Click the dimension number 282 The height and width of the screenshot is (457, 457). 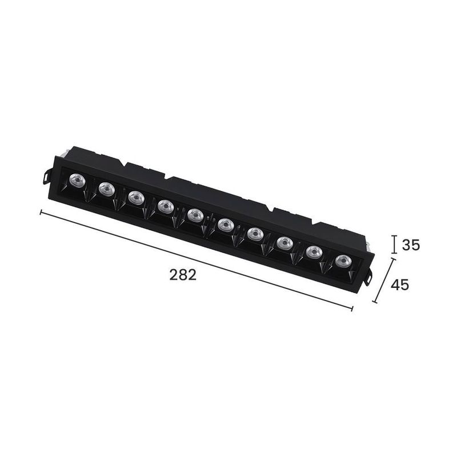[x=183, y=275]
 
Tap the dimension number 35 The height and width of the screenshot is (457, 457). [x=411, y=245]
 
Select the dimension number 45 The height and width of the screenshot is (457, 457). [x=400, y=284]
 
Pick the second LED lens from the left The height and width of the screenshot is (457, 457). [x=105, y=188]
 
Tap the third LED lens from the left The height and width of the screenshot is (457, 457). [x=135, y=197]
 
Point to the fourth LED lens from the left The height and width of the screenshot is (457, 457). [x=165, y=206]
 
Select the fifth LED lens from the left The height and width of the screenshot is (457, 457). [x=195, y=215]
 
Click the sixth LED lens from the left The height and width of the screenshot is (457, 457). [x=225, y=224]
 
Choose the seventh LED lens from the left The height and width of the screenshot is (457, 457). [x=255, y=233]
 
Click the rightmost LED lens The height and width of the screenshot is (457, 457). [x=342, y=261]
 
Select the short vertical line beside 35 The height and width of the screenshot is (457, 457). [x=393, y=244]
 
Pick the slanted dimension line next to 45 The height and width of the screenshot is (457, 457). [x=384, y=281]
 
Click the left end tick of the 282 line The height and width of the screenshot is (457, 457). [x=41, y=212]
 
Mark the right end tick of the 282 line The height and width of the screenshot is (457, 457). [x=352, y=309]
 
